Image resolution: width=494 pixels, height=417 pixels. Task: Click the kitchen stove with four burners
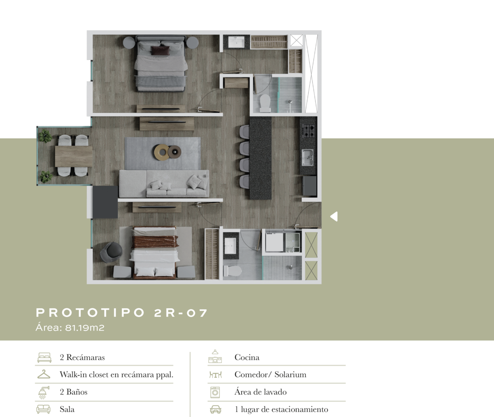click(x=308, y=130)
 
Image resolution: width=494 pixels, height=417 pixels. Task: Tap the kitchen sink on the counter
click(x=308, y=157)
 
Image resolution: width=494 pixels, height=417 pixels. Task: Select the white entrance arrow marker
click(x=334, y=216)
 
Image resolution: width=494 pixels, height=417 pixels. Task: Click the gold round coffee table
click(x=162, y=152)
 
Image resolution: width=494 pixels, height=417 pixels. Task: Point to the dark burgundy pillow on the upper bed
click(x=161, y=50)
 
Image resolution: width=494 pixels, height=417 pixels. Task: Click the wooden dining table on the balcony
click(x=74, y=156)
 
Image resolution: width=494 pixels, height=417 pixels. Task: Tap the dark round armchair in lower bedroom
click(x=111, y=252)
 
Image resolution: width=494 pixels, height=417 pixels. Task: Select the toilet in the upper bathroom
click(x=265, y=103)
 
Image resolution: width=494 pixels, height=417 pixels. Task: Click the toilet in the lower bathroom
click(x=232, y=271)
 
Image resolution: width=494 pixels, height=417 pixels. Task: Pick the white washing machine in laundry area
click(x=274, y=242)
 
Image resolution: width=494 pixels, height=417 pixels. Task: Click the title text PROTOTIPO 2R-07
click(x=121, y=312)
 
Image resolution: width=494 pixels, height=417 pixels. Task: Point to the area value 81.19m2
click(x=85, y=328)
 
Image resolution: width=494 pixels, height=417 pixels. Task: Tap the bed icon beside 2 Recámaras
click(x=44, y=357)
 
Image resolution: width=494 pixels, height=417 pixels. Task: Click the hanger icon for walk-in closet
click(x=44, y=374)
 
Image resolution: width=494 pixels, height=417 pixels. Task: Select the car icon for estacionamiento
click(x=216, y=409)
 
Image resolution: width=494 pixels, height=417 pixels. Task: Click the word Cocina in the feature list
click(x=247, y=357)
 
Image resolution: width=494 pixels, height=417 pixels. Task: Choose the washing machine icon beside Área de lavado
click(x=215, y=392)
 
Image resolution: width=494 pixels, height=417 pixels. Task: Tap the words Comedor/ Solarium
click(x=270, y=375)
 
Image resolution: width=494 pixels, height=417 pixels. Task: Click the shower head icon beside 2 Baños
click(x=44, y=392)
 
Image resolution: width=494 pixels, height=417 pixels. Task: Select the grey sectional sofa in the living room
click(x=164, y=184)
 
